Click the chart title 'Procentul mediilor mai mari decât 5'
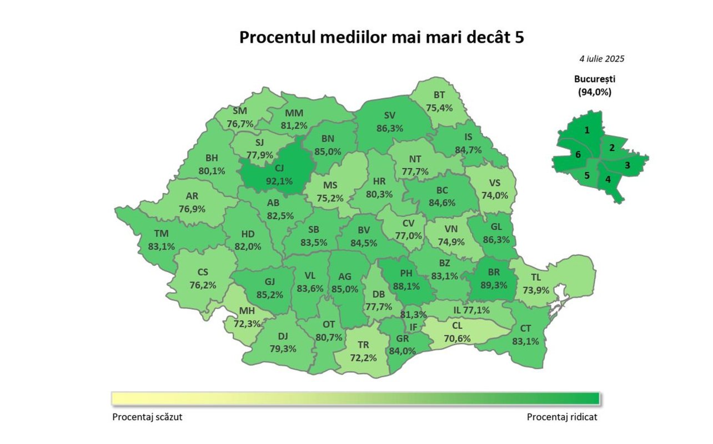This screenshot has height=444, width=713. coord(381,37)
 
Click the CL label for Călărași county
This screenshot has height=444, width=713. coord(458,326)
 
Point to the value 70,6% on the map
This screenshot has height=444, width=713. coord(458,338)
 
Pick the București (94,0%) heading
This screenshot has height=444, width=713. coord(595,85)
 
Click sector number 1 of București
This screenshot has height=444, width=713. coord(586,130)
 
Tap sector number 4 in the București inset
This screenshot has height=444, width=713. coord(607,179)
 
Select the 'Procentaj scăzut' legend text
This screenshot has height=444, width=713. coord(147,417)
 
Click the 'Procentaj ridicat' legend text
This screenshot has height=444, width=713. coord(562,417)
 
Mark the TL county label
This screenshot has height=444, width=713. coord(536,277)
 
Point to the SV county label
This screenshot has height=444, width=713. coord(389,115)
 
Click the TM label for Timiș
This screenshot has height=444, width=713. coord(161,234)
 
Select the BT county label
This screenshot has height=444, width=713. coord(439,95)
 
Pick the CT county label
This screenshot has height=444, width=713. coord(525,329)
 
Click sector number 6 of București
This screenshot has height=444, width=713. coord(578,155)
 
